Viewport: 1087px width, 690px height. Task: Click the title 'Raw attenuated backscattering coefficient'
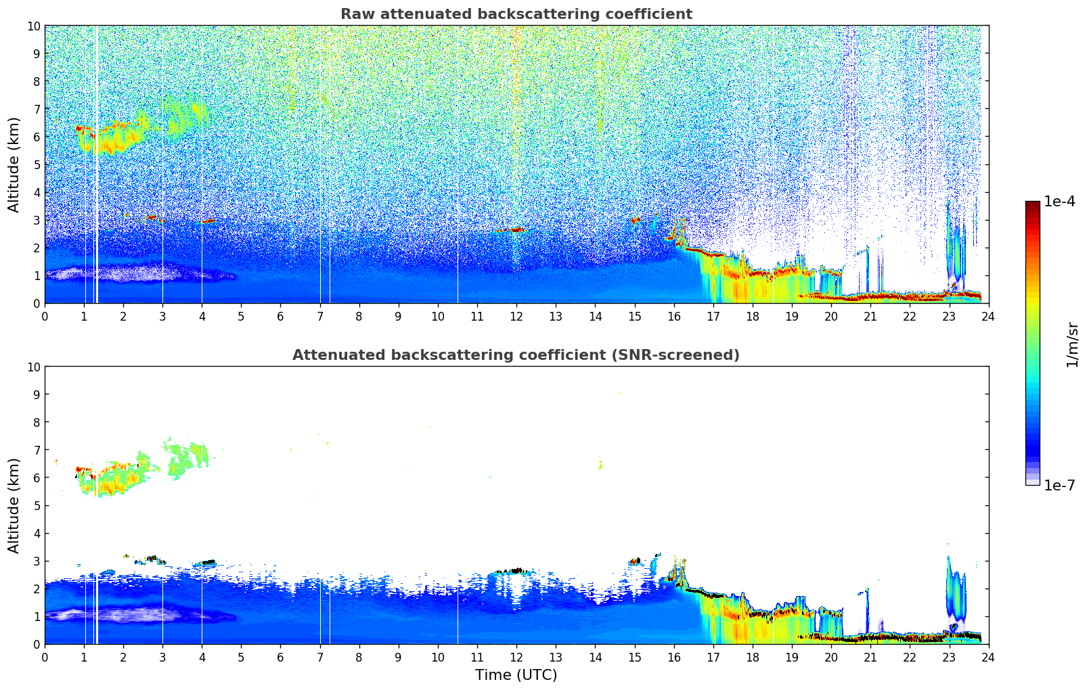516,14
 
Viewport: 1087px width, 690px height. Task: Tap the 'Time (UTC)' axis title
516,674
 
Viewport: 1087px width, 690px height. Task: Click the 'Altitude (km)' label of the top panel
14,164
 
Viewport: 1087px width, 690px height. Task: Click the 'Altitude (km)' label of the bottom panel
14,505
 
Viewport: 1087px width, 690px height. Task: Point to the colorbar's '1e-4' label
1059,202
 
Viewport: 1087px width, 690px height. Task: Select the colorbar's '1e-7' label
1059,485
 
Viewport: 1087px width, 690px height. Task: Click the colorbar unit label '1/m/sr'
1071,344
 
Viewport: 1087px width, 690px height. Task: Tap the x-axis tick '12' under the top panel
516,317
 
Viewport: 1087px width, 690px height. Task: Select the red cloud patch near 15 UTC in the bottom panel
635,561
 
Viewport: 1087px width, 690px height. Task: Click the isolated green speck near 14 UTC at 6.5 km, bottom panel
600,465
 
